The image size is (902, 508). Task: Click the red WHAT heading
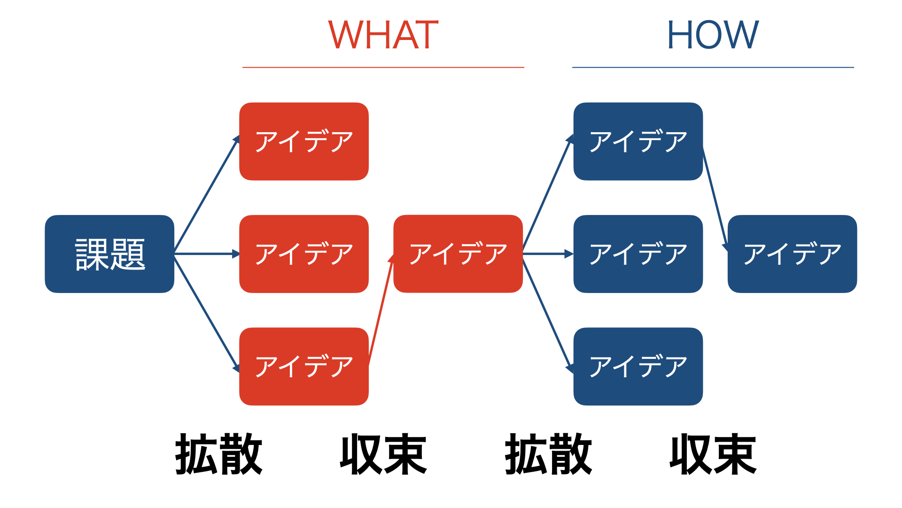[383, 35]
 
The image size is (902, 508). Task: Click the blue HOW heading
[713, 35]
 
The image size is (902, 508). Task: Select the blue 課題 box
[109, 254]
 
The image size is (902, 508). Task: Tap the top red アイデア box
[304, 141]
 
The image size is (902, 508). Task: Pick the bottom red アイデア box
[304, 366]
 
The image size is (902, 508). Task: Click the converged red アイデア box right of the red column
[458, 254]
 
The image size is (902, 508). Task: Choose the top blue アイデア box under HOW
[638, 141]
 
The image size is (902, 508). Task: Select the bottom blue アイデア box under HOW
[638, 366]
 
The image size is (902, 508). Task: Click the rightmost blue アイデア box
[792, 254]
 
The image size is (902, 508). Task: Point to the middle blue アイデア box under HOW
[638, 254]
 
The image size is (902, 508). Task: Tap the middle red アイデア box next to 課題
[304, 254]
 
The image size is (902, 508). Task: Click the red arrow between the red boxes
[381, 310]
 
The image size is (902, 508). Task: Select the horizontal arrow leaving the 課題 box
[207, 254]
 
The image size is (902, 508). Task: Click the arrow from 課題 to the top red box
[207, 194]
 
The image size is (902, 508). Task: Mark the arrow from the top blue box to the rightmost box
[715, 200]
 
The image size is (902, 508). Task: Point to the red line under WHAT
[383, 67]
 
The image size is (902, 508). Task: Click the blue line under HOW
[713, 67]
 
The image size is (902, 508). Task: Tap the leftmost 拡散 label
[218, 454]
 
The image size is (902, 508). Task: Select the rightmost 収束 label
[713, 454]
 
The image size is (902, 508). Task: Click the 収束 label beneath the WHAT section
[383, 454]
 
